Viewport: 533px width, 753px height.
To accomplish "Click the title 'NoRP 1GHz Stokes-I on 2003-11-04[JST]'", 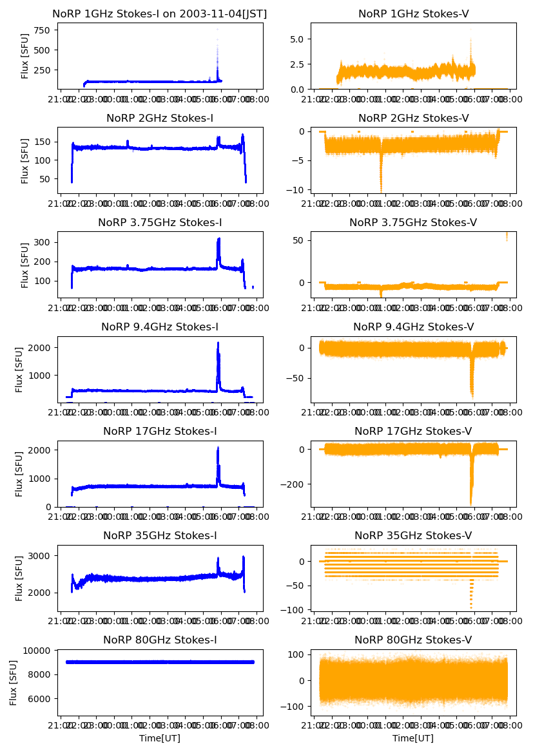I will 160,14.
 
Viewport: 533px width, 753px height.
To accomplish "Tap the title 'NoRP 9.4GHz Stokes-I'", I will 160,327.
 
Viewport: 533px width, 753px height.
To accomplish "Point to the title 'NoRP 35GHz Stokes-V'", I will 413,536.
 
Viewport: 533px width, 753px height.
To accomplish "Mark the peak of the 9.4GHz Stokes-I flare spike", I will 218,343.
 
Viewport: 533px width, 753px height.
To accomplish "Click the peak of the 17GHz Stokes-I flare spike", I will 218,447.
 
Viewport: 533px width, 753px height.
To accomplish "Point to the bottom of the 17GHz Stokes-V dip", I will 471,504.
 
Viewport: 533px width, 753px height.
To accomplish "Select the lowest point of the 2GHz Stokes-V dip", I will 381,191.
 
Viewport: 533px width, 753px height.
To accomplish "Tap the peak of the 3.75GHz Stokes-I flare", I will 218,239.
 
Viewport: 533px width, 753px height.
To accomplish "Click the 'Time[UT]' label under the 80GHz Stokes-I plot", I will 160,738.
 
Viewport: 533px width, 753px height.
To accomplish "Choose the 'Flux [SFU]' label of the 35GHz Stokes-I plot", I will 19,577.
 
